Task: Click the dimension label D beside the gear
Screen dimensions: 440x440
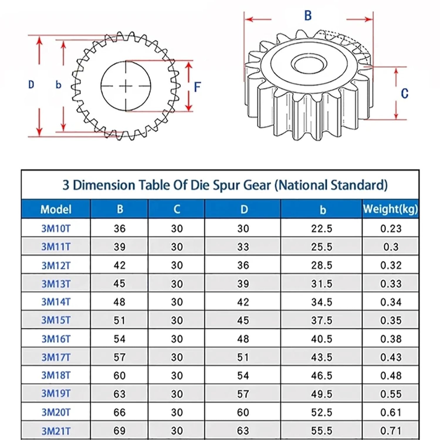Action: [x=31, y=85]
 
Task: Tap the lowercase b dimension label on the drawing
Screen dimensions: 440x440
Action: [x=58, y=85]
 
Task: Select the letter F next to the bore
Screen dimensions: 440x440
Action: [x=197, y=87]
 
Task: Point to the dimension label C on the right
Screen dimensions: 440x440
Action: [x=405, y=94]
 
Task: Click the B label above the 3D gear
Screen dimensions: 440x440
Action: [x=308, y=16]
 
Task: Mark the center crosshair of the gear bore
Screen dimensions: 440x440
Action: [x=126, y=86]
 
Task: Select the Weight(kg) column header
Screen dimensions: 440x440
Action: [x=390, y=209]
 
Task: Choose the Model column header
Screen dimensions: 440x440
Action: [x=56, y=209]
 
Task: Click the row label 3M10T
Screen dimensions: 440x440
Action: [x=56, y=229]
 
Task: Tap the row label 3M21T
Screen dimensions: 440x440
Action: [x=56, y=431]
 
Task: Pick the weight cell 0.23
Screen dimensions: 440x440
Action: [x=391, y=229]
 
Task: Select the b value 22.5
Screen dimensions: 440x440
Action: [x=321, y=229]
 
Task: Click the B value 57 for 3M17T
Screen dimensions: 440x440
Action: [x=119, y=357]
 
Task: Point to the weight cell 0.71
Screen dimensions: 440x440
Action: [x=391, y=431]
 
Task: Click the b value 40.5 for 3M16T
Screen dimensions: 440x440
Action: [x=321, y=339]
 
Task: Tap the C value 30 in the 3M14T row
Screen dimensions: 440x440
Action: [x=177, y=302]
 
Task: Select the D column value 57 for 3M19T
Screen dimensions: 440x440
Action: [x=243, y=394]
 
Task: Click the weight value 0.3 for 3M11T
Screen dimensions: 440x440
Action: [x=391, y=247]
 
